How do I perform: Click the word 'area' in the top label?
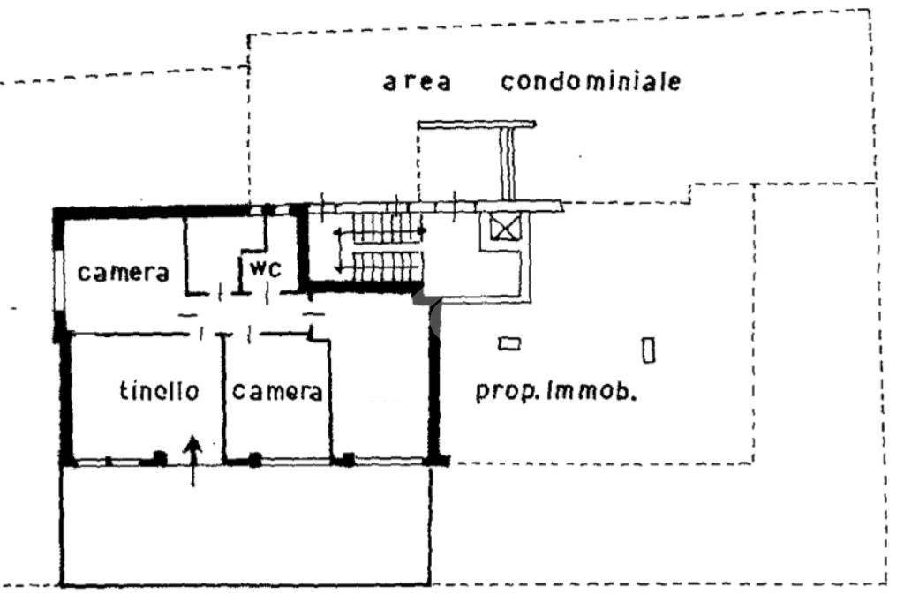pyautogui.click(x=417, y=82)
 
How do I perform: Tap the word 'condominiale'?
pyautogui.click(x=591, y=81)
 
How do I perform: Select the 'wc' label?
pyautogui.click(x=266, y=268)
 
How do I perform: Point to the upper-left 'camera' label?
pyautogui.click(x=124, y=272)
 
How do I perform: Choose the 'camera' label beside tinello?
pyautogui.click(x=276, y=392)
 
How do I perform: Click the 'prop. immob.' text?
pyautogui.click(x=556, y=391)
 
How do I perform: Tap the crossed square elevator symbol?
pyautogui.click(x=504, y=226)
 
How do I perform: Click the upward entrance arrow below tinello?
pyautogui.click(x=193, y=461)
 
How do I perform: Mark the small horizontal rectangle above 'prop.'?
pyautogui.click(x=509, y=344)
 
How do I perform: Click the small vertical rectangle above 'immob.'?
pyautogui.click(x=649, y=350)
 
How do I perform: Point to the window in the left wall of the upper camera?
pyautogui.click(x=58, y=280)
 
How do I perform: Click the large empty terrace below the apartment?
pyautogui.click(x=245, y=524)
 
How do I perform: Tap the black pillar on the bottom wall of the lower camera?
pyautogui.click(x=255, y=460)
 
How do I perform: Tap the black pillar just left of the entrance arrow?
pyautogui.click(x=160, y=458)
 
